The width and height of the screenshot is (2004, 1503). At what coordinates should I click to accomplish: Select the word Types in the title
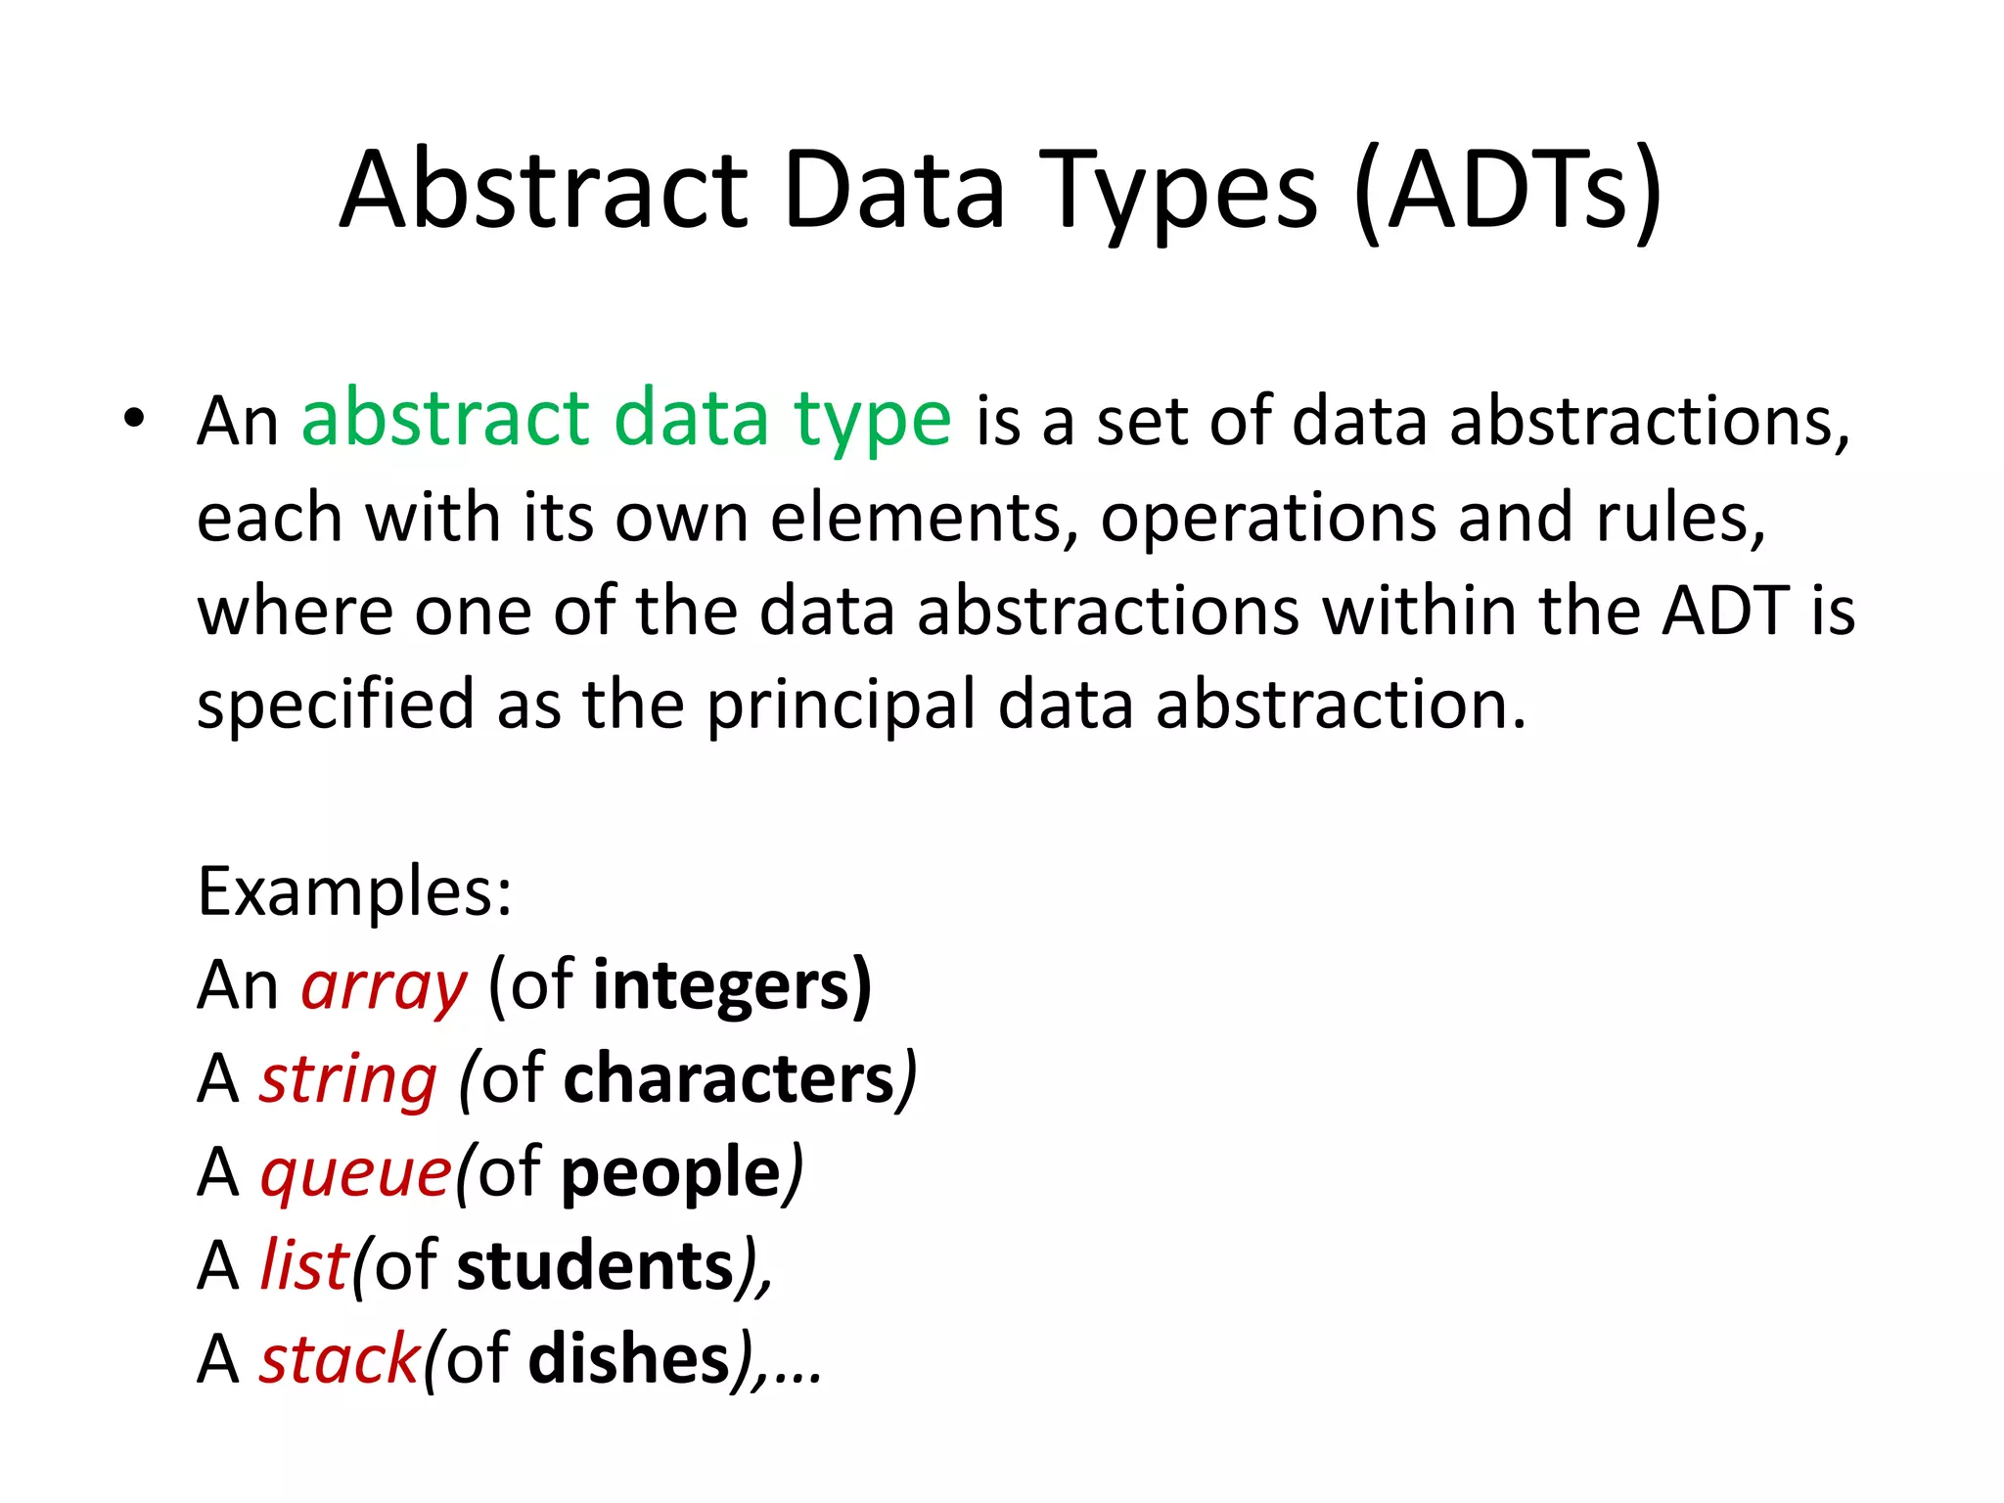[1183, 191]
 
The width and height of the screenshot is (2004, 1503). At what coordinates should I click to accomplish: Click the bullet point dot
[134, 419]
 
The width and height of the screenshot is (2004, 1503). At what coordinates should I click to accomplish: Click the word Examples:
[354, 892]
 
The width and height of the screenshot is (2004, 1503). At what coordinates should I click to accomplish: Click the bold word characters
[729, 1079]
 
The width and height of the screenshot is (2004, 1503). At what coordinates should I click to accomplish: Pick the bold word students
[595, 1266]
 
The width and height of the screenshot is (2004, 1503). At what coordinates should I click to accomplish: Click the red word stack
[339, 1360]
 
